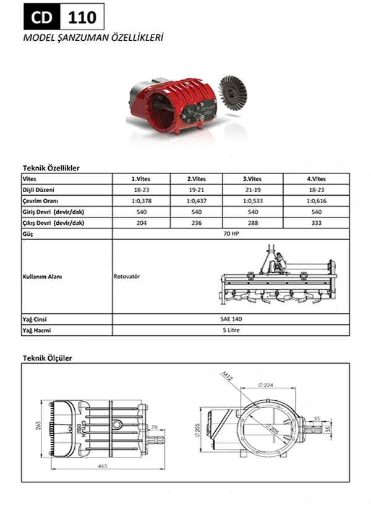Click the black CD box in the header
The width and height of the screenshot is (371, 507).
click(41, 17)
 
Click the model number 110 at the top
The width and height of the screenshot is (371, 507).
click(81, 17)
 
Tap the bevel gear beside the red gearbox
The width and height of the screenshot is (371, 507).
click(234, 98)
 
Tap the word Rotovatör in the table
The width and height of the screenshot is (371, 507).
click(127, 276)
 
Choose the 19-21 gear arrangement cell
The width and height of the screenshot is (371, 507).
click(197, 190)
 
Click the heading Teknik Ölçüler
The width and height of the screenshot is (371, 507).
click(48, 358)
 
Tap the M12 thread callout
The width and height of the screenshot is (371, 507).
click(226, 376)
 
